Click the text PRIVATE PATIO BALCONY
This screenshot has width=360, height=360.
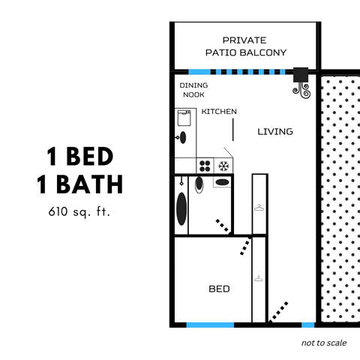(245, 46)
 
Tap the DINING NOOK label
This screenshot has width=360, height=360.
(193, 90)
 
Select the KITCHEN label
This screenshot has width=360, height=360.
(219, 112)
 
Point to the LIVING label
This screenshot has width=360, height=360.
(274, 132)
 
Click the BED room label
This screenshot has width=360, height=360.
(218, 289)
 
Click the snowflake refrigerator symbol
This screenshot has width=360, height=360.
(223, 165)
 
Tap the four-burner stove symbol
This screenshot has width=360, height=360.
(204, 165)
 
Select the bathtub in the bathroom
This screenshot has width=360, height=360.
(181, 206)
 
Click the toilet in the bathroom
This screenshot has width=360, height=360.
(199, 184)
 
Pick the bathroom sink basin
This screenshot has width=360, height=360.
(223, 181)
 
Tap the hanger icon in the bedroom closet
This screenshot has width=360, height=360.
(259, 279)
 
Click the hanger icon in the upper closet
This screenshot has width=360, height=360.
(259, 208)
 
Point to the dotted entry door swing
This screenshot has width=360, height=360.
(278, 310)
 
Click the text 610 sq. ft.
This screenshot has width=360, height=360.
(79, 212)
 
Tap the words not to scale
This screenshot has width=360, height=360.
(324, 343)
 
